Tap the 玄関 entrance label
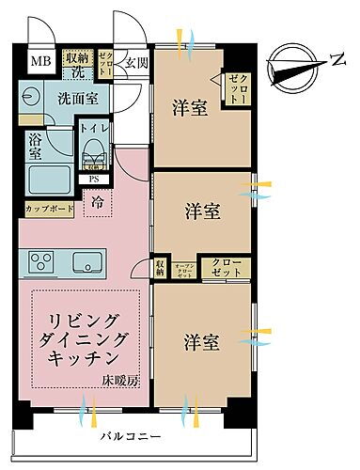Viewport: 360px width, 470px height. [135, 63]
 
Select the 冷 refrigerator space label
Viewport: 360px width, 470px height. [98, 199]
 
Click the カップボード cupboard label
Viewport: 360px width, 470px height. [46, 208]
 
